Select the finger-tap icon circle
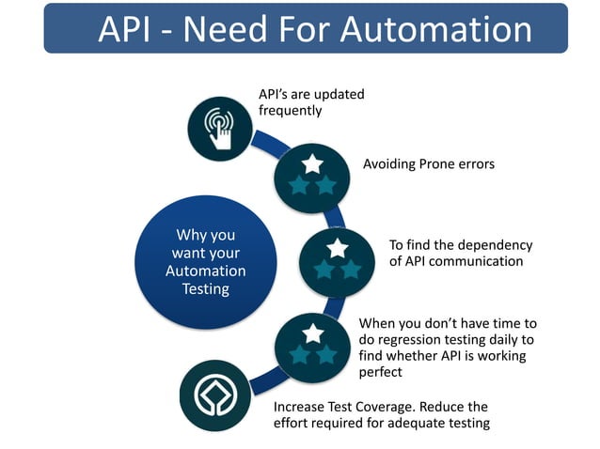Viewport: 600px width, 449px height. click(219, 125)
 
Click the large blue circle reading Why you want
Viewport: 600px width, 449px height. click(205, 262)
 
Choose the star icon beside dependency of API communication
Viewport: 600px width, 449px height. click(338, 258)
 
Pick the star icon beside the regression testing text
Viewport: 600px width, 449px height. click(313, 345)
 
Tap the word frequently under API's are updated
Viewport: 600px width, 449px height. click(291, 111)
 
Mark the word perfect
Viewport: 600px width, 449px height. click(381, 372)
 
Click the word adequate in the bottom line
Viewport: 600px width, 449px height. click(428, 424)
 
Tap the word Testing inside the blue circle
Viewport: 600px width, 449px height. click(205, 289)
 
